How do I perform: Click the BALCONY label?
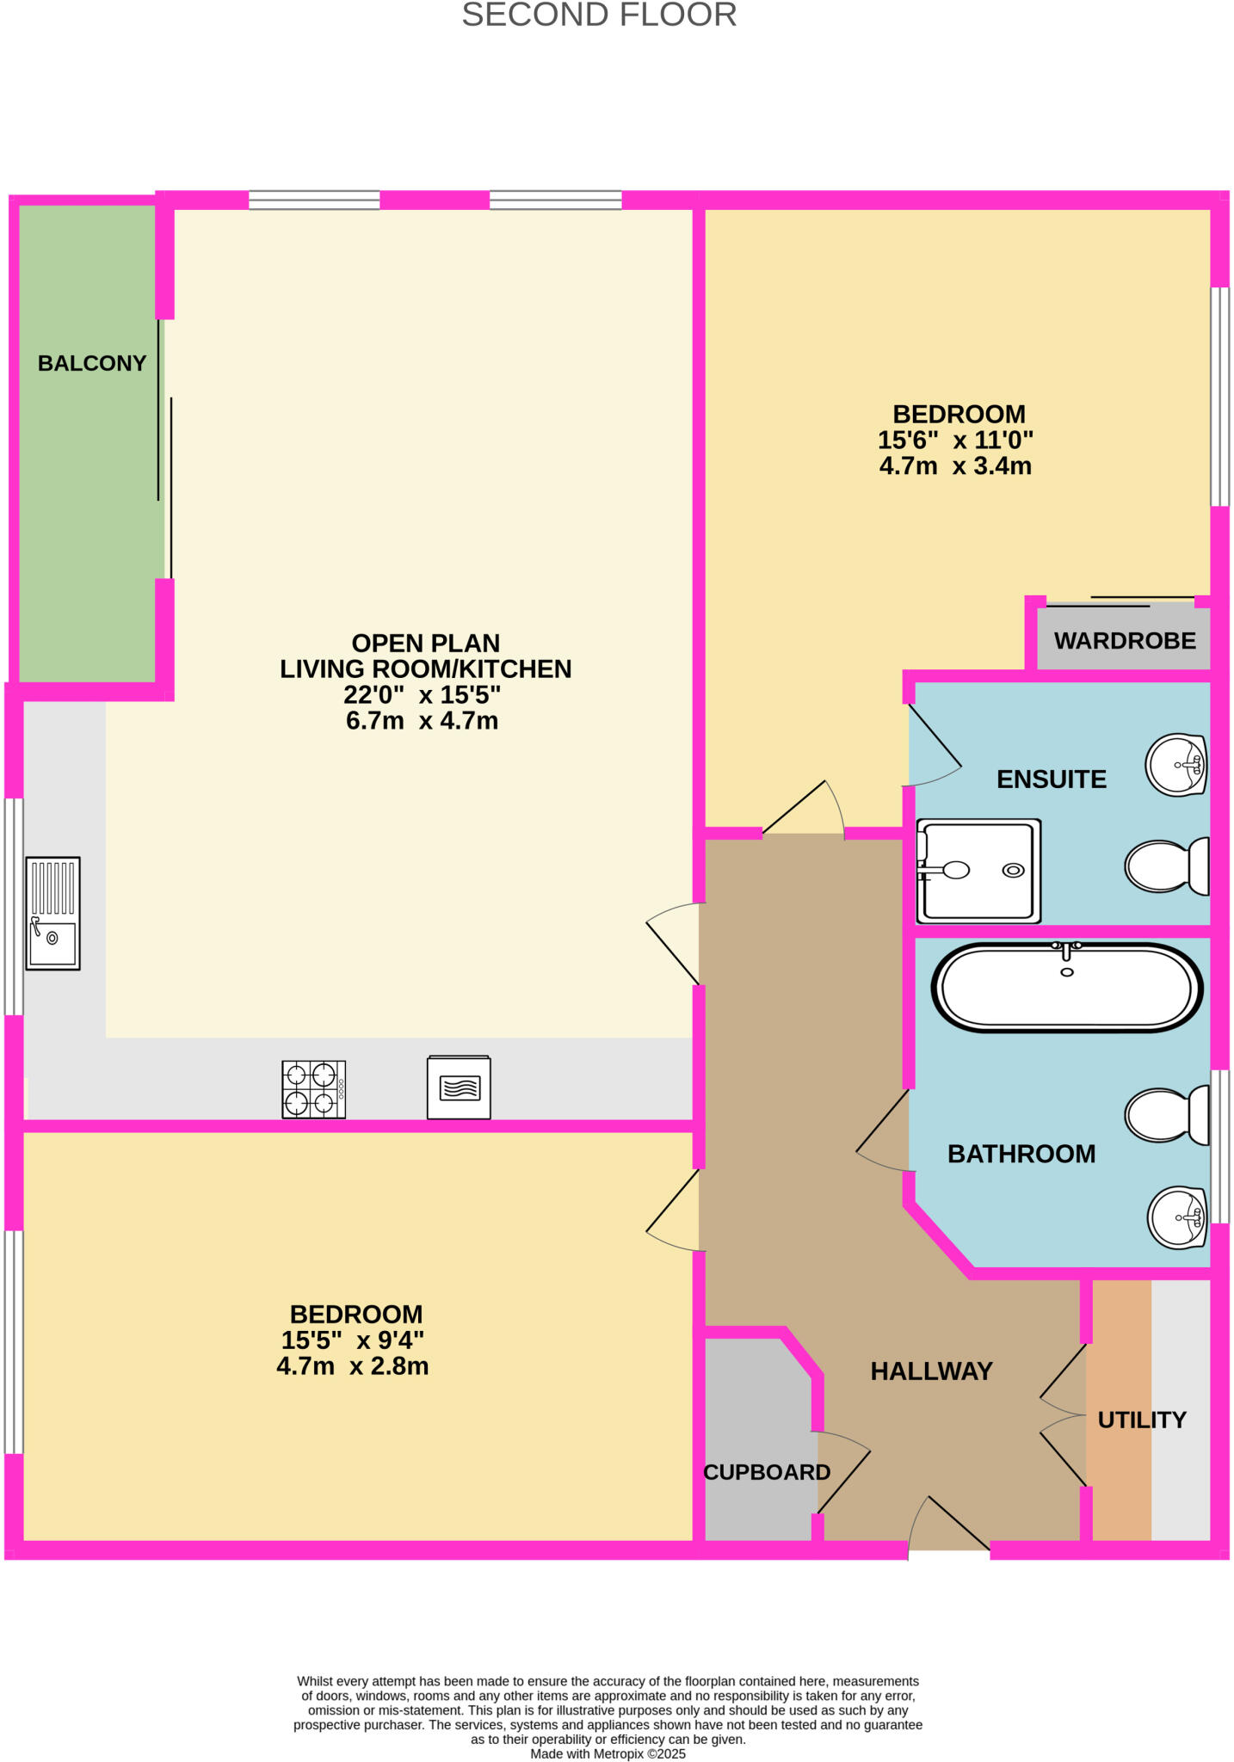click(x=92, y=363)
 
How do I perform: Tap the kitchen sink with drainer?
click(x=52, y=913)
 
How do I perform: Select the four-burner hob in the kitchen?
click(x=314, y=1089)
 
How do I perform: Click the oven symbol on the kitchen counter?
click(x=459, y=1087)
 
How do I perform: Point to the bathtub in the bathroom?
click(x=1067, y=987)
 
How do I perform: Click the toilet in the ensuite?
click(x=1167, y=866)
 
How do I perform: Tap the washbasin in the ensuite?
click(x=1176, y=764)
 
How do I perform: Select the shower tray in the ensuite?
click(x=978, y=871)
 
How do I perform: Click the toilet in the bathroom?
click(x=1167, y=1115)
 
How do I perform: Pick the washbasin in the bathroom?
click(x=1178, y=1217)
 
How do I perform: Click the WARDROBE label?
click(x=1125, y=641)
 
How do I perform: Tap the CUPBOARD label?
click(x=767, y=1472)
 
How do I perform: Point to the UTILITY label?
click(x=1142, y=1420)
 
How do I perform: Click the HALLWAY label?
click(x=932, y=1371)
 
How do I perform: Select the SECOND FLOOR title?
click(x=600, y=15)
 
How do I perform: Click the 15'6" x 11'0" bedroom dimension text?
click(x=955, y=440)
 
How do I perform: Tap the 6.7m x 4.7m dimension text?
click(x=423, y=721)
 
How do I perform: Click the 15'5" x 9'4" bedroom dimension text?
click(x=353, y=1340)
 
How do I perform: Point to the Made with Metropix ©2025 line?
click(x=608, y=1753)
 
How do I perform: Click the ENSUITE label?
click(x=1052, y=779)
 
